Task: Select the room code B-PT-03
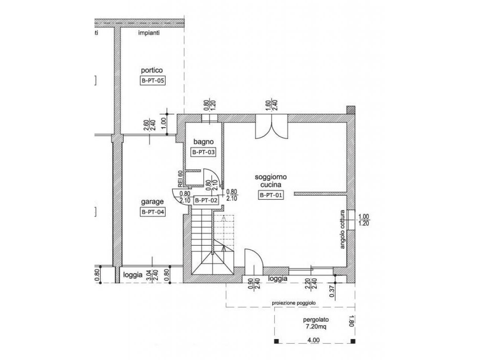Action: [204, 152]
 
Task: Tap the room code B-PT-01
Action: [271, 195]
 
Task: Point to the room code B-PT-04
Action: [153, 212]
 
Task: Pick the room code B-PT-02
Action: [205, 200]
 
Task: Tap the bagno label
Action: [203, 142]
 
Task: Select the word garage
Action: [152, 202]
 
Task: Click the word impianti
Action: [149, 33]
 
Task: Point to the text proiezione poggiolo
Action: [294, 303]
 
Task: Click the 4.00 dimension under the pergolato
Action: [313, 340]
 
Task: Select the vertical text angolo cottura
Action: [342, 229]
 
